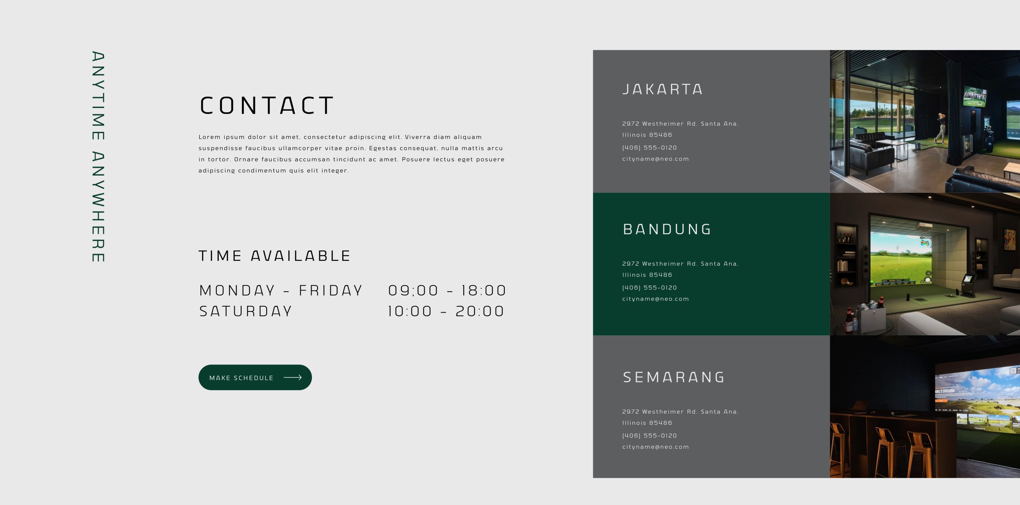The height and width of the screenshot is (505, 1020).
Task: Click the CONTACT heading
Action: (266, 106)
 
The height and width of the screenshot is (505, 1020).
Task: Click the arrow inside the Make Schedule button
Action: (292, 378)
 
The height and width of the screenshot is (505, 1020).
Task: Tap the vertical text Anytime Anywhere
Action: (98, 157)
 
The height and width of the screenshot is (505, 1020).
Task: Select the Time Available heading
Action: (274, 256)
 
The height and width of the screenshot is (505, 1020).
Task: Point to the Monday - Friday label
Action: (280, 291)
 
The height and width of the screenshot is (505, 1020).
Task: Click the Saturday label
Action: (245, 311)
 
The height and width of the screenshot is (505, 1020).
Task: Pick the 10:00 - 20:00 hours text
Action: (446, 311)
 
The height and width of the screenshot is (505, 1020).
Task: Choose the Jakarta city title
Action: (663, 89)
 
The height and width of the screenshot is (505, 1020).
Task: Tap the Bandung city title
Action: (667, 229)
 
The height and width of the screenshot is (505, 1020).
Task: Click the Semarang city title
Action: (674, 377)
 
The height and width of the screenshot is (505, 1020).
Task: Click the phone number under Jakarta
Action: (649, 148)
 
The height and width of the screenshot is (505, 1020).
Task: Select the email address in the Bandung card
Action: (655, 299)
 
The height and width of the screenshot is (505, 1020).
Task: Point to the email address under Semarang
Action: (655, 447)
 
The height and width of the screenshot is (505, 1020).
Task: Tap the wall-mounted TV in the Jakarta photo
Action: (975, 97)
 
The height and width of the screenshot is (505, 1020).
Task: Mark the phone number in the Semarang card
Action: (649, 436)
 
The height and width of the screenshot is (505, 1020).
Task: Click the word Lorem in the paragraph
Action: (210, 137)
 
